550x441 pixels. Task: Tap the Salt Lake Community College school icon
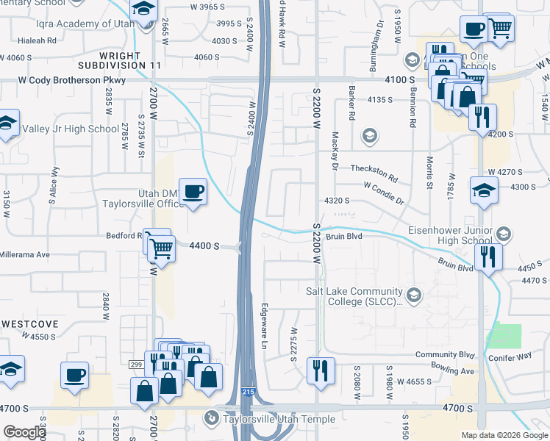point(414,295)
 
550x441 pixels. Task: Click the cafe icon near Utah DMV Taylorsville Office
point(193,193)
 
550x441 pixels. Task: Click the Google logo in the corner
point(24,431)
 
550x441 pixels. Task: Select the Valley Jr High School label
point(71,129)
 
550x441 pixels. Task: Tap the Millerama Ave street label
point(25,254)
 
